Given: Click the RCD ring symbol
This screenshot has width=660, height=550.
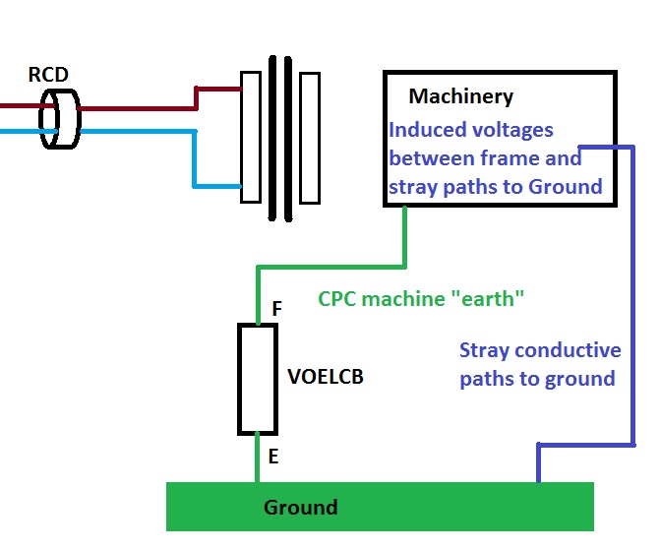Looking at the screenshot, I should coord(58,119).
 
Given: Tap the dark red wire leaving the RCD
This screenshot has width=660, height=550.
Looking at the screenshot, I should coord(138,106).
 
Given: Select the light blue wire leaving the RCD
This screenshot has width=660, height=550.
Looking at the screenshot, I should coord(138,130).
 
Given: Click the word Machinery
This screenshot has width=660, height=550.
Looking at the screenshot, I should coord(460,96).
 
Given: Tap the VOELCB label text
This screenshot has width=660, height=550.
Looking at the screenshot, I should coord(325,376).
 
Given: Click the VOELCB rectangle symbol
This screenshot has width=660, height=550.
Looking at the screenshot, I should coord(257,379).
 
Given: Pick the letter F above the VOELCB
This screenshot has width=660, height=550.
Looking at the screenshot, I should coord(277,309).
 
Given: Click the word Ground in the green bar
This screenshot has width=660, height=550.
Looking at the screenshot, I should coord(300,508).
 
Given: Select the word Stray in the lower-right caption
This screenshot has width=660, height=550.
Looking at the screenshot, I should coord(486,350).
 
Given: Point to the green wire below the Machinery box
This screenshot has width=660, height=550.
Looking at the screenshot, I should coord(405,236).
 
